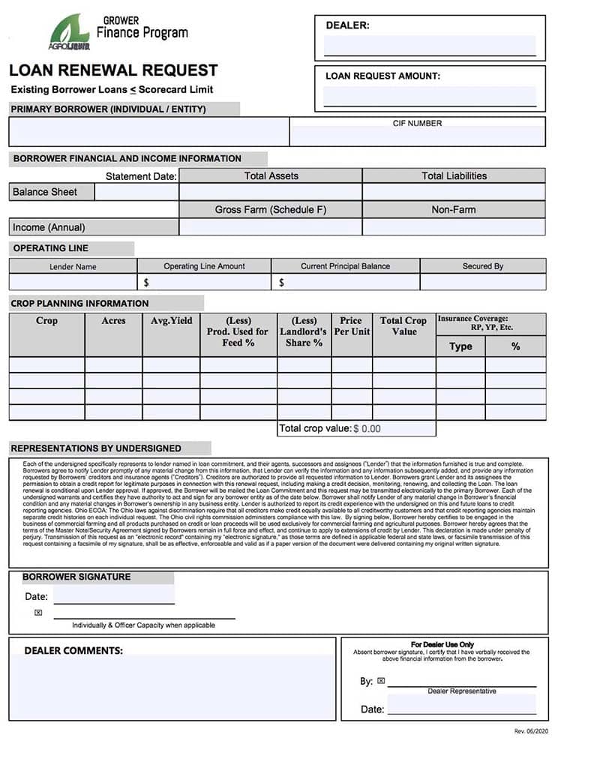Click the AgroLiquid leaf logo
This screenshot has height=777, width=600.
(69, 33)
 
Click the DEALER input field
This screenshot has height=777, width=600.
(430, 45)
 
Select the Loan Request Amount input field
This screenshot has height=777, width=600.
(430, 96)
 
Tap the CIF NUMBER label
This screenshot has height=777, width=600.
(417, 123)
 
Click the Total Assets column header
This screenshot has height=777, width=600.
(271, 175)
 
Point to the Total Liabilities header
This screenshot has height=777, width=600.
(454, 175)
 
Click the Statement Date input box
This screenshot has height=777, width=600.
(136, 192)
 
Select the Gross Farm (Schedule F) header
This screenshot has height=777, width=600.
(271, 209)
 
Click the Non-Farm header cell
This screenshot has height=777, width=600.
(454, 209)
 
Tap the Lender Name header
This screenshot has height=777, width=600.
(73, 266)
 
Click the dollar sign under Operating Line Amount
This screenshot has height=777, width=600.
(146, 283)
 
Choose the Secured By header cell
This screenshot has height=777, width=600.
(483, 266)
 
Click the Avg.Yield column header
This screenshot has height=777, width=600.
(171, 321)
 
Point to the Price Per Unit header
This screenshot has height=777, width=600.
(351, 325)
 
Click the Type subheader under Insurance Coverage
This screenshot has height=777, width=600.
(460, 346)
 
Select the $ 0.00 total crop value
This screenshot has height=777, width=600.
(367, 429)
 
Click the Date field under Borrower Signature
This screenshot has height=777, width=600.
(113, 596)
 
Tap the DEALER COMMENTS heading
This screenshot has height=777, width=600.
(73, 650)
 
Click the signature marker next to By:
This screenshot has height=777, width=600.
(381, 681)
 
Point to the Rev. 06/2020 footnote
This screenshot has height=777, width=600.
(531, 730)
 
